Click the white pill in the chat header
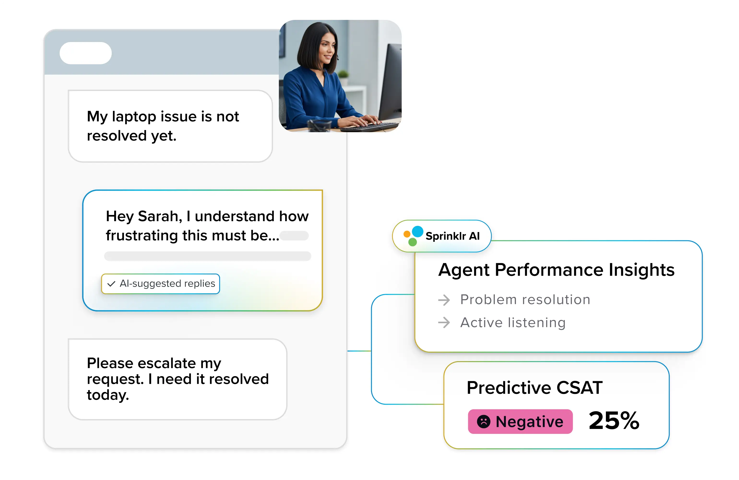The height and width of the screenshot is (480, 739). pos(85,53)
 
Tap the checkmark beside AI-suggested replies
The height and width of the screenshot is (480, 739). pos(111,284)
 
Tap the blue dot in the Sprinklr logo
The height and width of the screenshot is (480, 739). pos(417,231)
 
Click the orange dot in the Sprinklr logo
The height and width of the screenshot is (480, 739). pos(407,234)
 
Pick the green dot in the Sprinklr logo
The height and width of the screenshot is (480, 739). pos(412,242)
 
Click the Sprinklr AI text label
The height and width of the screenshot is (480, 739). pos(452,236)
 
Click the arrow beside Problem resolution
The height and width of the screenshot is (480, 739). pos(444,300)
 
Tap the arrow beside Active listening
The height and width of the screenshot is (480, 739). pos(444,323)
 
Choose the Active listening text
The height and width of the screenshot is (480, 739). pos(513,323)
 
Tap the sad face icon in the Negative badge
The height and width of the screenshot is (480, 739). pos(484,422)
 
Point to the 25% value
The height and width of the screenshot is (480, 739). pos(614,421)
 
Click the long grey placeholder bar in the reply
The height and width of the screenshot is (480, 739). pos(207,256)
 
